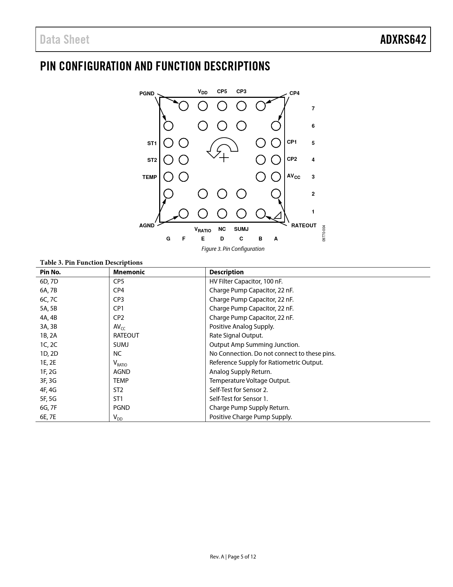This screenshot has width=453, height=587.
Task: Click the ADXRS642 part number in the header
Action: click(403, 39)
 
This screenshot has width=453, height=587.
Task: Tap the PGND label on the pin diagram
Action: click(147, 94)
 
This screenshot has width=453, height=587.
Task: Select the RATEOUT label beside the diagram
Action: click(303, 226)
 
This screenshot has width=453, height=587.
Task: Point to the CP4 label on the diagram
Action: click(294, 93)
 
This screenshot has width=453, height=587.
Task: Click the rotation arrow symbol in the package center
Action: click(223, 147)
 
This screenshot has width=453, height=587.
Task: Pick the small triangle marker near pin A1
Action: click(277, 215)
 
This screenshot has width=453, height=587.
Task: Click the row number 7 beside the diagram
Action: click(313, 109)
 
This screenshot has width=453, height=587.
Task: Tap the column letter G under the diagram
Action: click(168, 239)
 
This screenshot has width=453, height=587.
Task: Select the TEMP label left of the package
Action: click(150, 177)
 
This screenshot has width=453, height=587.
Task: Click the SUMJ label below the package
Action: click(241, 229)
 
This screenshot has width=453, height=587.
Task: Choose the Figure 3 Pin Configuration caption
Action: click(233, 249)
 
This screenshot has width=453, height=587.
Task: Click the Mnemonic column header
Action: click(129, 272)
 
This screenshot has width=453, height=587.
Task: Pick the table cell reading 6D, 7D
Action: click(49, 281)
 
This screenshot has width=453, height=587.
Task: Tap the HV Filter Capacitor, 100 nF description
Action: click(246, 281)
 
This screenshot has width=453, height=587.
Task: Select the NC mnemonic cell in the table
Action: click(117, 354)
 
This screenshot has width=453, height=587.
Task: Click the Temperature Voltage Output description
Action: click(249, 381)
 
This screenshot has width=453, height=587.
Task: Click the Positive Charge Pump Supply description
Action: click(250, 417)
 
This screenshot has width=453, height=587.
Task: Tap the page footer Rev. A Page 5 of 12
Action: click(233, 557)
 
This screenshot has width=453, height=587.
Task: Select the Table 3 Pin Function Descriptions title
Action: click(91, 263)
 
